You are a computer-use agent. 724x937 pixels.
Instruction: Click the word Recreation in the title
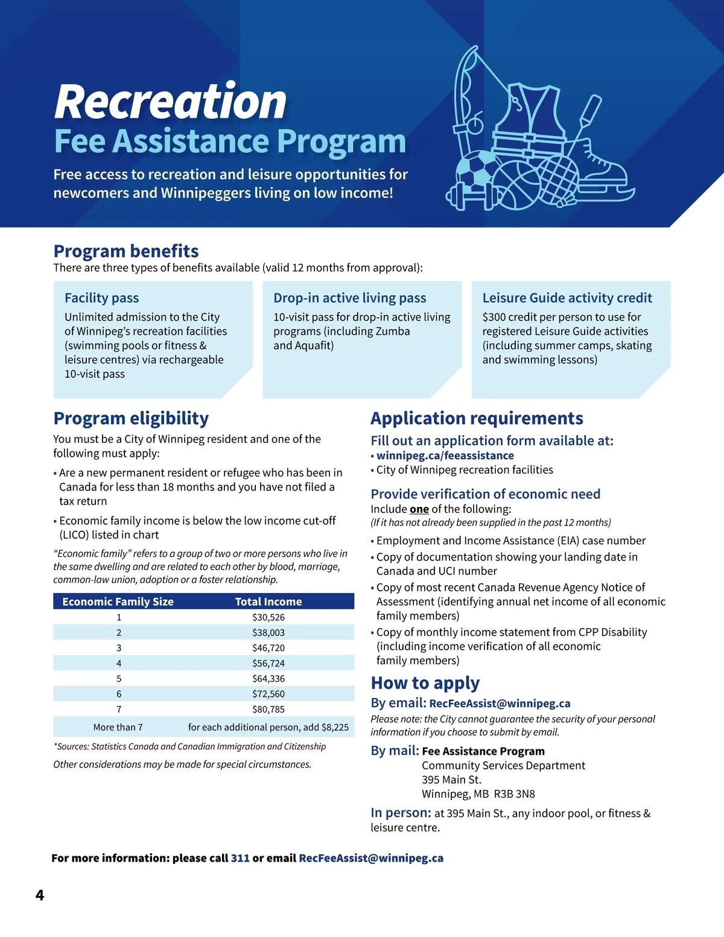tap(170, 101)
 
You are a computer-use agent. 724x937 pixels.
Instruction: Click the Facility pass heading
tap(101, 298)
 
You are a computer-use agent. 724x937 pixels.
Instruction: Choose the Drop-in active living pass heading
tap(349, 298)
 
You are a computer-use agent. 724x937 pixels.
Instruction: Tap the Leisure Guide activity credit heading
tap(567, 298)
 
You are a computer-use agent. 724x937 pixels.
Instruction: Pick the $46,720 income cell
tap(268, 648)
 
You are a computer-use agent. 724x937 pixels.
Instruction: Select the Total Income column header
tap(268, 602)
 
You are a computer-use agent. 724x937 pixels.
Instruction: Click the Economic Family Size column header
tap(118, 602)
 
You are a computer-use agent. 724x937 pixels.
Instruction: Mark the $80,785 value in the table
tap(268, 710)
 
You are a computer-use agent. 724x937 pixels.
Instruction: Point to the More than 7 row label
tap(118, 728)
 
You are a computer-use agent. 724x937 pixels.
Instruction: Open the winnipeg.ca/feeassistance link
tap(445, 456)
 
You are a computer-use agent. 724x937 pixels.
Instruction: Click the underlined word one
tap(419, 509)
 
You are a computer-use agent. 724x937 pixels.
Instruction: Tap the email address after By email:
tap(500, 704)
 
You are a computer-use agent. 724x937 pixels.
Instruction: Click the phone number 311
tap(240, 858)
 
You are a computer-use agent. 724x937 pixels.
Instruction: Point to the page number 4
tap(40, 895)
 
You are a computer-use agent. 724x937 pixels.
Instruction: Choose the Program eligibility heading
tap(131, 418)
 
